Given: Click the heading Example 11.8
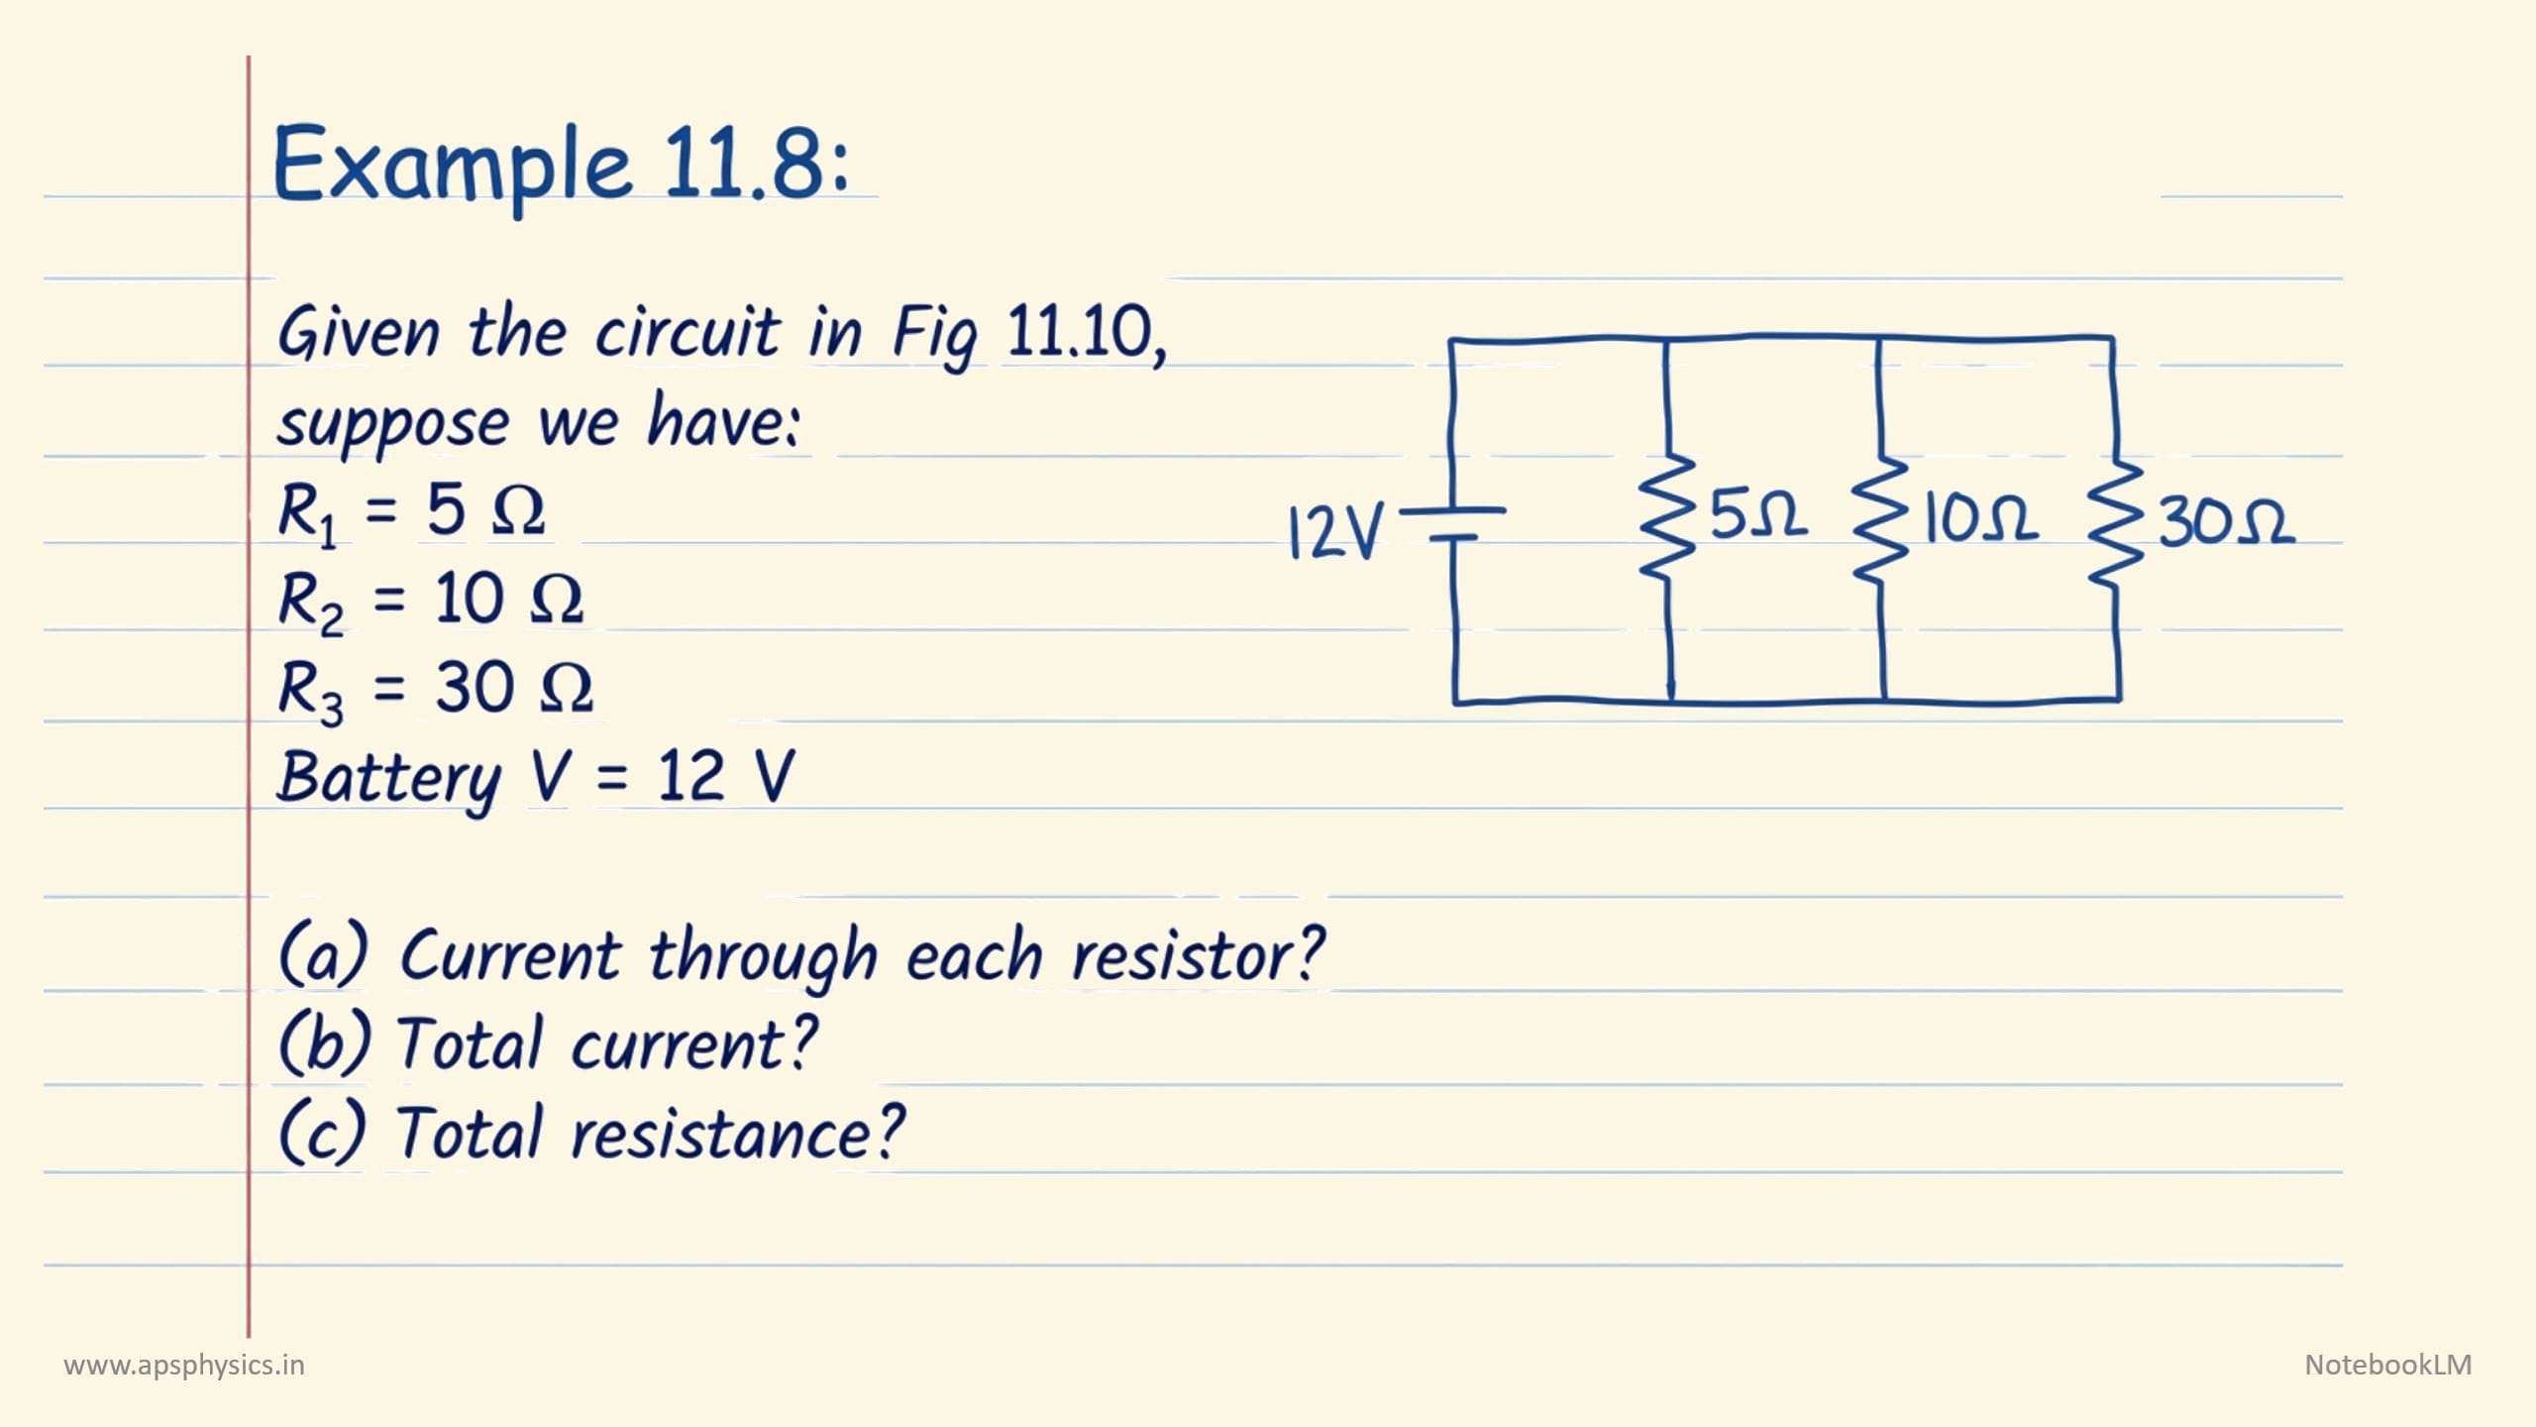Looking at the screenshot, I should tap(560, 164).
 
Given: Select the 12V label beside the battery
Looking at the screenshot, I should tap(1334, 531).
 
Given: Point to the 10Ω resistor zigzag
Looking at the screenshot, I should tap(1879, 520).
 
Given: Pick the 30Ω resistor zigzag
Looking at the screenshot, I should tap(2116, 522).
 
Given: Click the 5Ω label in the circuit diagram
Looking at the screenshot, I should tap(1758, 514).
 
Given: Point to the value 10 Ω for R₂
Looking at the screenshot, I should tap(508, 600).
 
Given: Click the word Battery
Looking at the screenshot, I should tap(389, 778).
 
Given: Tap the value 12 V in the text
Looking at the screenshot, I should tap(725, 775).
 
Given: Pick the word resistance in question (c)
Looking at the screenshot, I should tap(736, 1133).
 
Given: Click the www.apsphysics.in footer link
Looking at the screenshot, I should tap(184, 1366).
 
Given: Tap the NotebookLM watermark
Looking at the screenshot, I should tap(2387, 1365).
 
